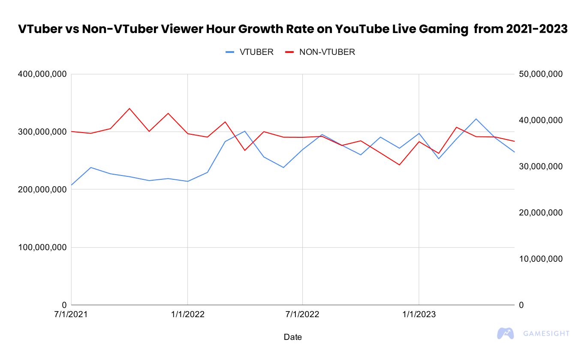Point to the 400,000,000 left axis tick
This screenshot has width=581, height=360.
pyautogui.click(x=42, y=74)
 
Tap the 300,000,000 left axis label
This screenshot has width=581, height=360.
pyautogui.click(x=42, y=132)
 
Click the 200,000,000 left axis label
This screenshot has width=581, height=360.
pyautogui.click(x=42, y=190)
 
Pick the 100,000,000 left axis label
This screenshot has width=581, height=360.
pyautogui.click(x=42, y=248)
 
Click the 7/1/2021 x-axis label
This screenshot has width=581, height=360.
pyautogui.click(x=72, y=315)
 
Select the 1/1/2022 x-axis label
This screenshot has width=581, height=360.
pyautogui.click(x=187, y=315)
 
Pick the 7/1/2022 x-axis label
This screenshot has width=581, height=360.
pyautogui.click(x=303, y=315)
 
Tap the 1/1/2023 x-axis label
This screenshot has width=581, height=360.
pyautogui.click(x=418, y=315)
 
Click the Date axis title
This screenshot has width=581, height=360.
pyautogui.click(x=293, y=337)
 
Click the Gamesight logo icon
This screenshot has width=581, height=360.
pyautogui.click(x=506, y=333)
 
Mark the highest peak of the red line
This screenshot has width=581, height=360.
pyautogui.click(x=129, y=109)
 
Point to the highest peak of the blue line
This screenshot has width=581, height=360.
pyautogui.click(x=476, y=119)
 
